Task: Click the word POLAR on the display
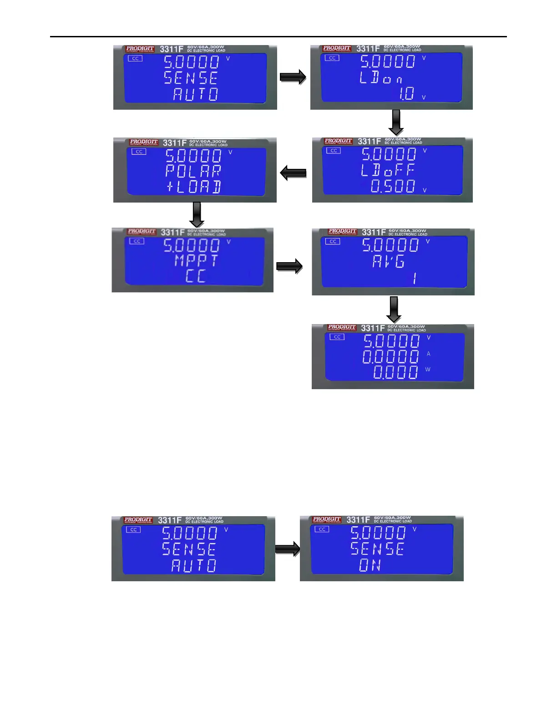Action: (193, 171)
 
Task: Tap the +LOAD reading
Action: (194, 187)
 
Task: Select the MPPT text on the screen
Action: (196, 261)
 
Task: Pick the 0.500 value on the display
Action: (393, 186)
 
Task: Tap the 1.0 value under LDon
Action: (406, 94)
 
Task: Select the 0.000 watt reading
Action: (395, 372)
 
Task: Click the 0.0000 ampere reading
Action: (390, 356)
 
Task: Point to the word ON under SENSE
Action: (370, 565)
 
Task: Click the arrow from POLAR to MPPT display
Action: (197, 214)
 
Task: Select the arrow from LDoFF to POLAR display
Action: (293, 173)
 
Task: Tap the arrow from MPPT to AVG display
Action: (289, 266)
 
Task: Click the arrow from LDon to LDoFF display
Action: (396, 122)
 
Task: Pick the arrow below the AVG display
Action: (394, 310)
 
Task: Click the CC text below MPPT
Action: (196, 276)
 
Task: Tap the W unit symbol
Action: (428, 369)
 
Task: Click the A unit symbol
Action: (428, 354)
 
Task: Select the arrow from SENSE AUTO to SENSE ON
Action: (287, 549)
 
